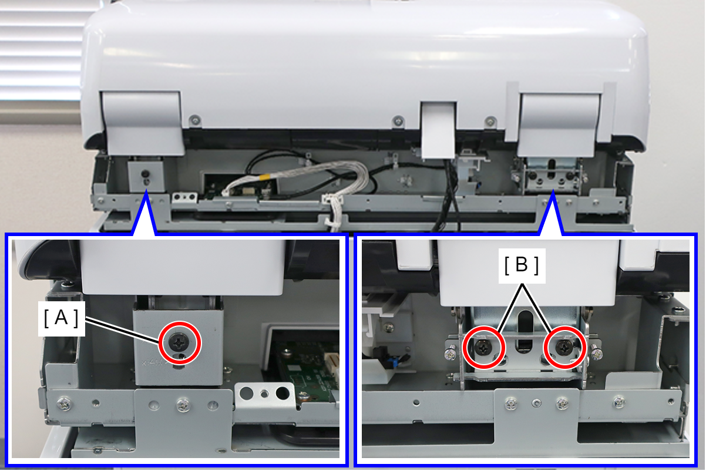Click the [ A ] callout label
point(62,318)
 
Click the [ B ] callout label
point(522,265)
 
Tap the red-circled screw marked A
point(179,342)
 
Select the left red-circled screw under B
point(484,348)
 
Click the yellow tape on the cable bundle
point(264,176)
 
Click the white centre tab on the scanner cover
point(438,130)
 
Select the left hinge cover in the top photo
point(143,123)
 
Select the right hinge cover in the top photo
point(559,125)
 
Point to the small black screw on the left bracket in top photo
point(145,174)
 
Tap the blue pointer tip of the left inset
point(145,190)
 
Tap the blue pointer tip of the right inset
point(552,190)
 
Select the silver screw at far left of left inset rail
point(63,403)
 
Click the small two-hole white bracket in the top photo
point(184,197)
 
